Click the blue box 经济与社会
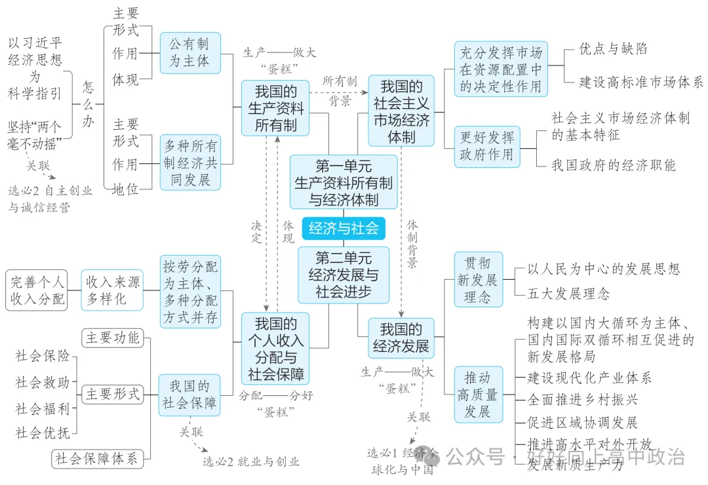pyautogui.click(x=344, y=228)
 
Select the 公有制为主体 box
pyautogui.click(x=189, y=52)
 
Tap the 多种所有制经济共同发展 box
pyautogui.click(x=190, y=163)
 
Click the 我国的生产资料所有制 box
pyautogui.click(x=275, y=107)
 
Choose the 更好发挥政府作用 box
pyautogui.click(x=486, y=147)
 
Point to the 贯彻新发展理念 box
pyautogui.click(x=478, y=280)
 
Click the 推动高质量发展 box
pyautogui.click(x=478, y=395)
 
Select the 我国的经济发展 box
pyautogui.click(x=401, y=338)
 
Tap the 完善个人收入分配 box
pyautogui.click(x=37, y=290)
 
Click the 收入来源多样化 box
pyautogui.click(x=112, y=290)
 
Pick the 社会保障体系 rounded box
pyautogui.click(x=97, y=458)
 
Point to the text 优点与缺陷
pyautogui.click(x=613, y=49)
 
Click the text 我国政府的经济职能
pyautogui.click(x=613, y=165)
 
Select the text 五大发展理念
pyautogui.click(x=568, y=294)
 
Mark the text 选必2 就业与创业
pyautogui.click(x=250, y=461)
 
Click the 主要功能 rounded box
pyautogui.click(x=112, y=338)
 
